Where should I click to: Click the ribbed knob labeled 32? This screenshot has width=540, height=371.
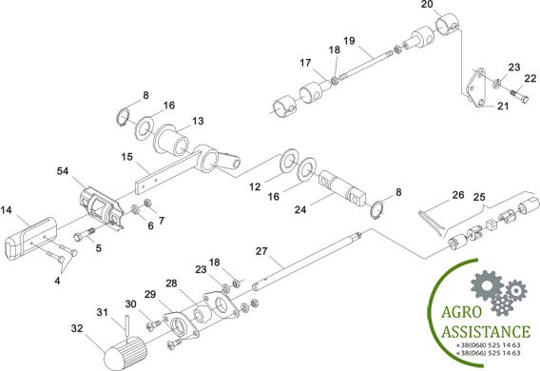point(125,354)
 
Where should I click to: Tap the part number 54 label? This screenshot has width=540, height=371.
point(63,171)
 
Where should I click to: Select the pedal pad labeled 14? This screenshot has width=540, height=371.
point(30,236)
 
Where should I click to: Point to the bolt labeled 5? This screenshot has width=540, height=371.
point(85,234)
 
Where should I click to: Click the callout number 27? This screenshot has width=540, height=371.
point(261,251)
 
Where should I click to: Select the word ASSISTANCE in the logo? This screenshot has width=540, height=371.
point(486,331)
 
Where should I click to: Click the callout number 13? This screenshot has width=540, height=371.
point(198,121)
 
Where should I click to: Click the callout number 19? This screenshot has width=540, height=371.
point(349,41)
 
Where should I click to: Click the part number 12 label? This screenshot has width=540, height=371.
point(255,186)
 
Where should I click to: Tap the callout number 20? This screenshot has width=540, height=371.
point(427,5)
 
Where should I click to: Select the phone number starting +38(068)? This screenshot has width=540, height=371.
point(488,345)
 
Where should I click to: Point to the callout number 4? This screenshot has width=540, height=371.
point(57,281)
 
